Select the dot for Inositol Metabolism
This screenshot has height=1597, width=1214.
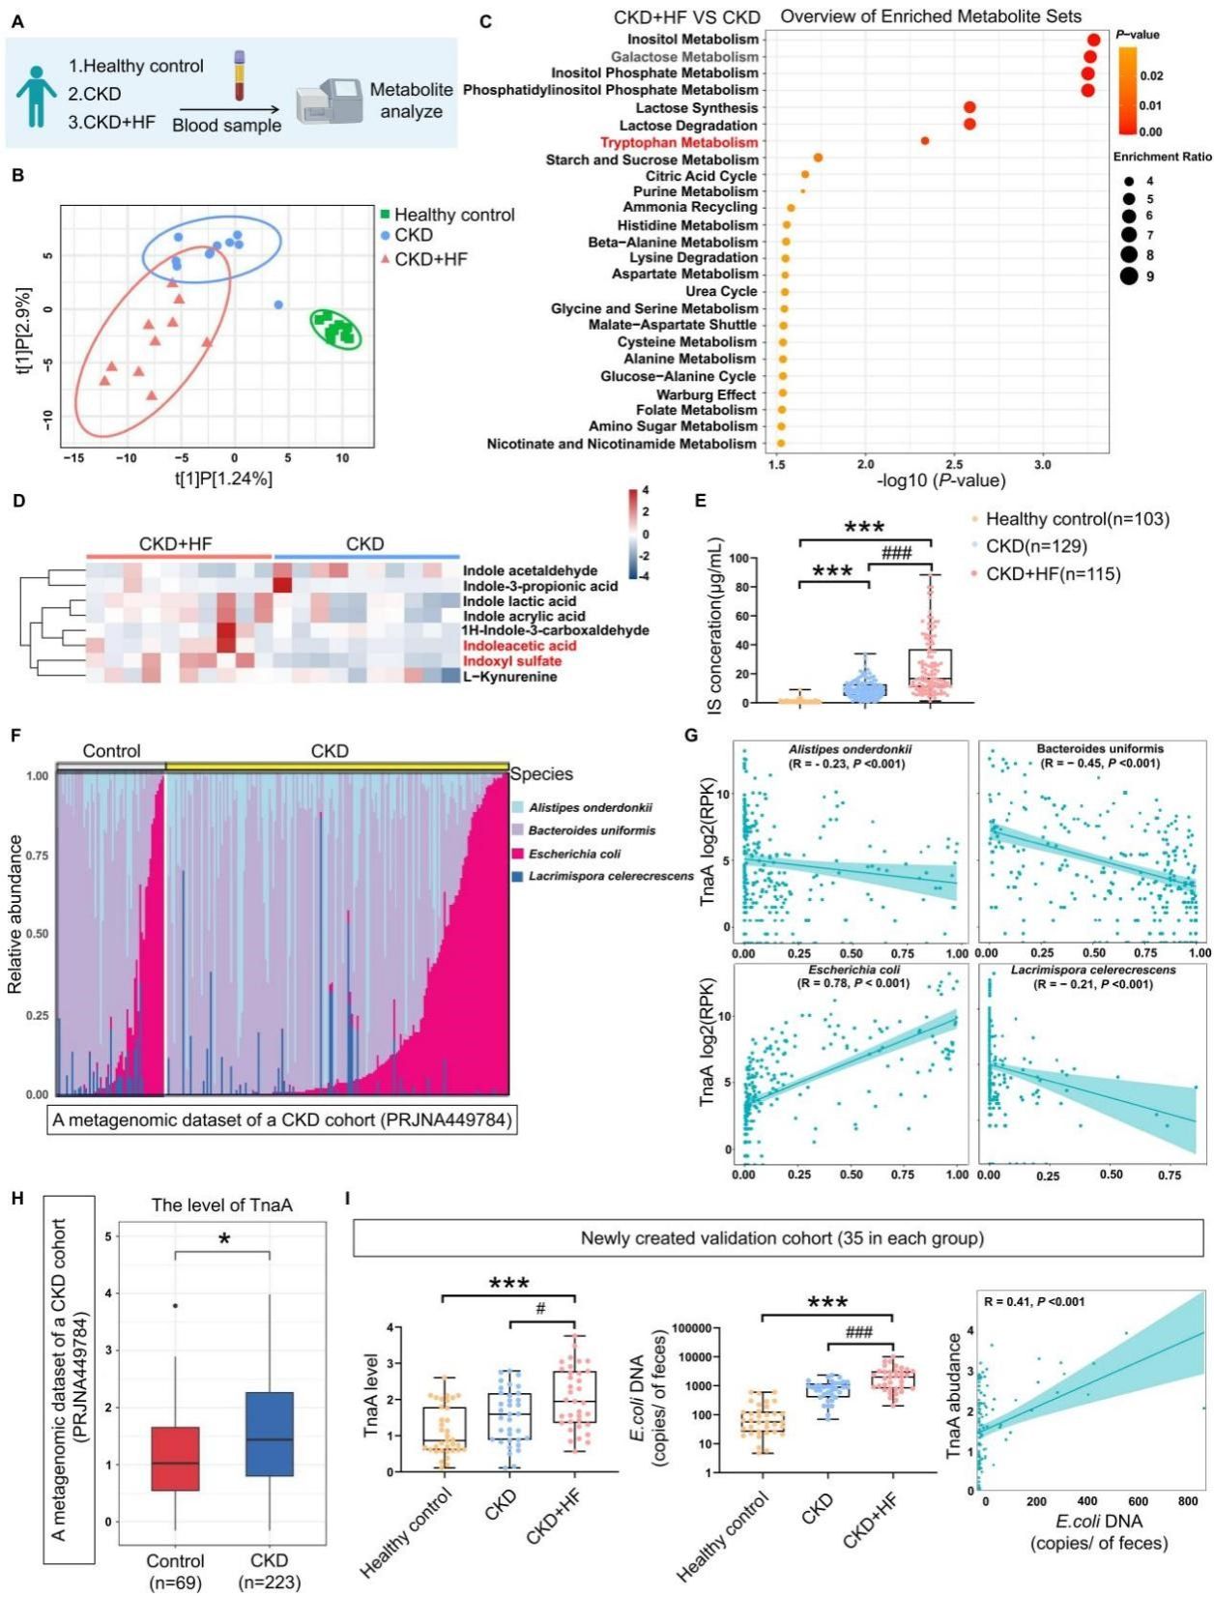tap(1093, 40)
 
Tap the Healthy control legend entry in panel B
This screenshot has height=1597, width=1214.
tap(446, 215)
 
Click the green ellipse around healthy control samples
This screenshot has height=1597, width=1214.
tap(335, 329)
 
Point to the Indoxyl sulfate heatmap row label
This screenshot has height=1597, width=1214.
tap(512, 661)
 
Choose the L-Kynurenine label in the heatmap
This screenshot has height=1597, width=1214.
tap(509, 677)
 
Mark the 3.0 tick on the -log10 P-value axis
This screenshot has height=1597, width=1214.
tap(1042, 465)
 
